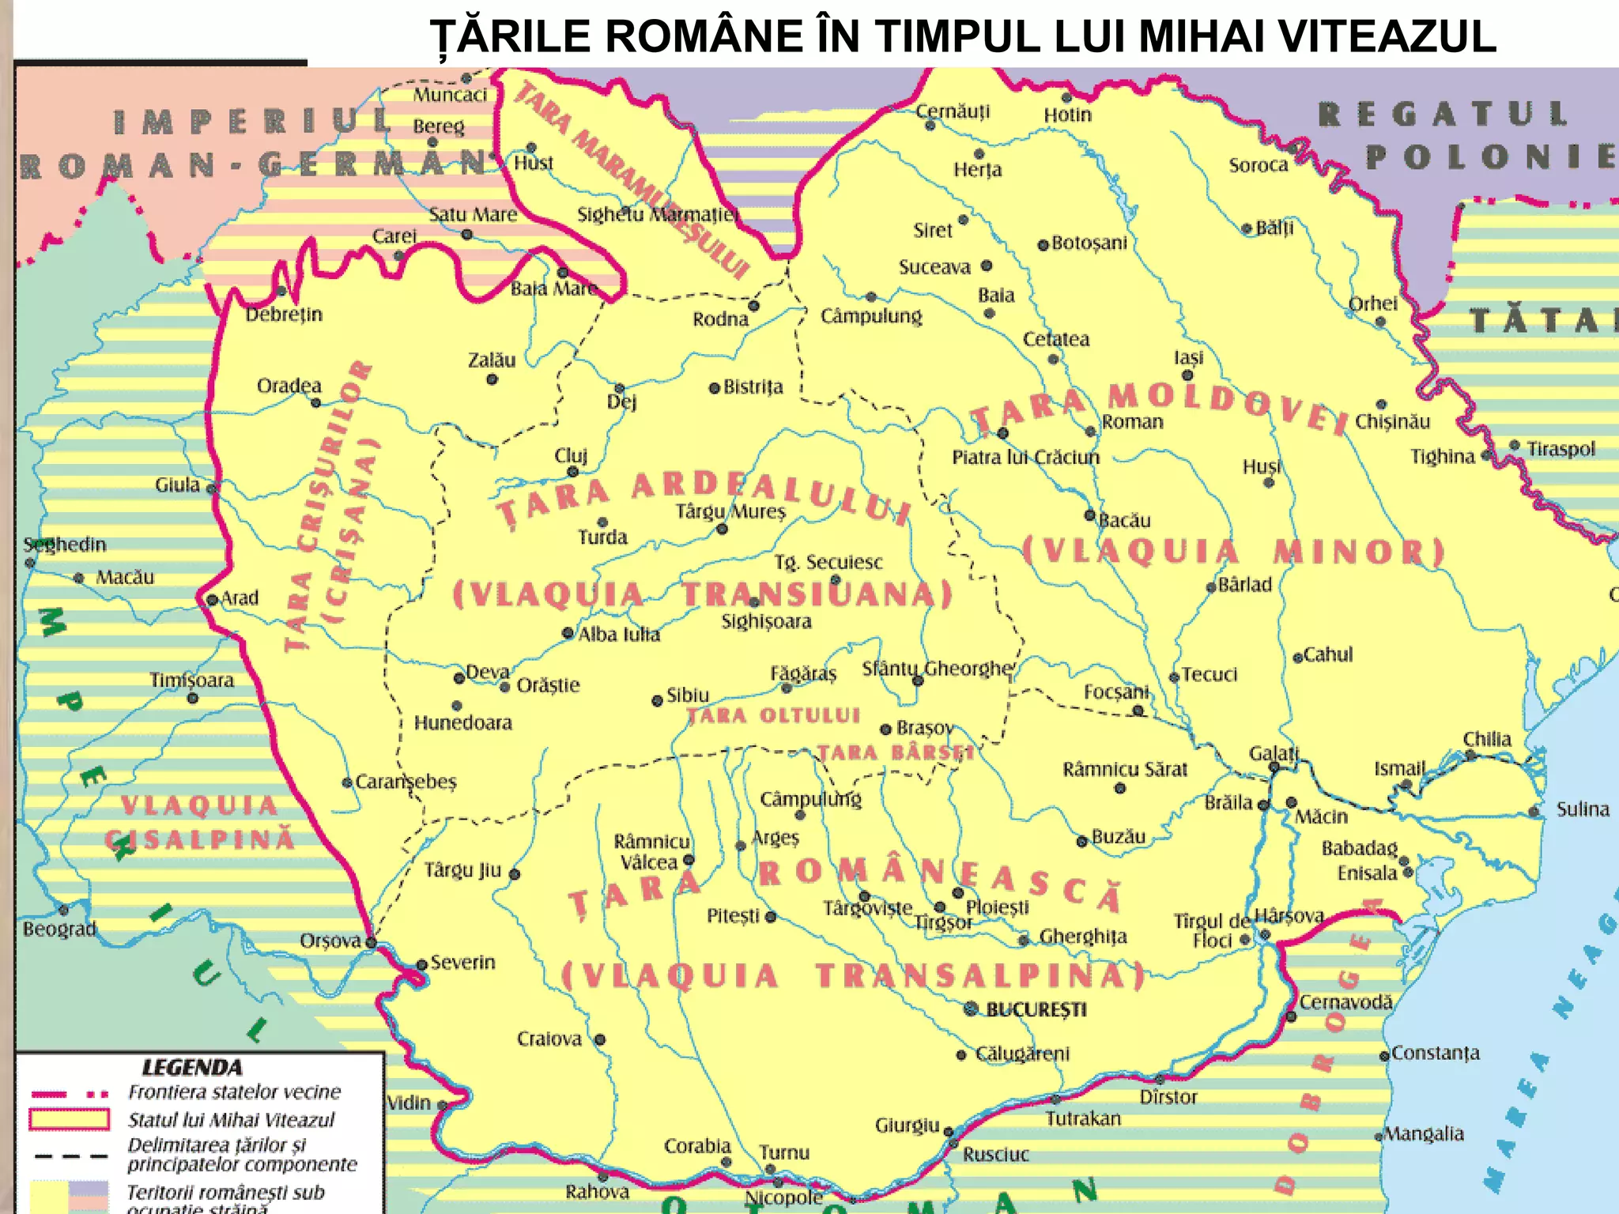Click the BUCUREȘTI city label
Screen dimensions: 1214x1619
1036,1009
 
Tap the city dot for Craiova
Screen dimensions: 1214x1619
600,1039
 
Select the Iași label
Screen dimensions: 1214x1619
1188,357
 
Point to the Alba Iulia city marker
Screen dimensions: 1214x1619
568,633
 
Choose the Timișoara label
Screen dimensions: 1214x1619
192,681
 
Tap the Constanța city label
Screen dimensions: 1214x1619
1435,1053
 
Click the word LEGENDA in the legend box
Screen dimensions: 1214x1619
192,1068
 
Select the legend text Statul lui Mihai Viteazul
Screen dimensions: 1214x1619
231,1120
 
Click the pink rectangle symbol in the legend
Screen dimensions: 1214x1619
70,1120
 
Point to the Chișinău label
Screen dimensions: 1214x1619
1392,421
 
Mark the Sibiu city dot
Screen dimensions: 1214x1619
657,701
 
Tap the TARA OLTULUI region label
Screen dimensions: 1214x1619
772,716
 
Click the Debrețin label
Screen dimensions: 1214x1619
284,315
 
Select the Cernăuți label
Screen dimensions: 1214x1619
953,111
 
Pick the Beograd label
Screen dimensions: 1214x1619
59,929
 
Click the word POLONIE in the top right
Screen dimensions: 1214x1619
1490,157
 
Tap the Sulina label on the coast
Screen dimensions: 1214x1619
1583,809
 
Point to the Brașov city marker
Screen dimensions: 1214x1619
886,730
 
